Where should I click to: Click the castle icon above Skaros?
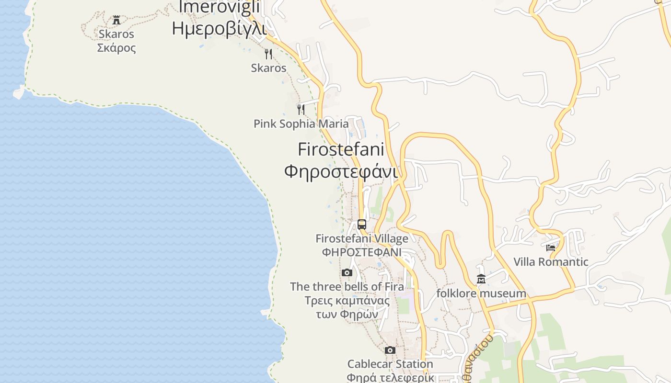[x=116, y=20]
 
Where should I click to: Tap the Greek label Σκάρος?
[x=116, y=48]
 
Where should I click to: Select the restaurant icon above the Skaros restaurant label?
[x=268, y=54]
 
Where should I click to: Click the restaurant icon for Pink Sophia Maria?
[x=301, y=109]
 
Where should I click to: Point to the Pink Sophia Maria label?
[x=301, y=124]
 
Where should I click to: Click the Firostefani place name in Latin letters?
[x=341, y=149]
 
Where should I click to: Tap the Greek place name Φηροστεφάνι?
[x=341, y=171]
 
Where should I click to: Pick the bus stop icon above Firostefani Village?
[x=362, y=224]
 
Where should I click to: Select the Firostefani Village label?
[x=362, y=238]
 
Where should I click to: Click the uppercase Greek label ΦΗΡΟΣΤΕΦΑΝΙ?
[x=362, y=252]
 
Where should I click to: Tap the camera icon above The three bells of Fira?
[x=347, y=272]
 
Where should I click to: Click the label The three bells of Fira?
[x=347, y=287]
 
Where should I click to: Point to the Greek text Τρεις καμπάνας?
[x=347, y=301]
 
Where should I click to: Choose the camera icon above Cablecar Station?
[x=390, y=350]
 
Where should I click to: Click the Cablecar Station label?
[x=390, y=364]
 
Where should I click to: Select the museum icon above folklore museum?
[x=481, y=279]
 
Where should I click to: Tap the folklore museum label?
[x=481, y=293]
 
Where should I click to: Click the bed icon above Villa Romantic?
[x=551, y=248]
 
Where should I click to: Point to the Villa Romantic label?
[x=551, y=262]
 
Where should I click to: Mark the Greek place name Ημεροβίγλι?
[x=219, y=28]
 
